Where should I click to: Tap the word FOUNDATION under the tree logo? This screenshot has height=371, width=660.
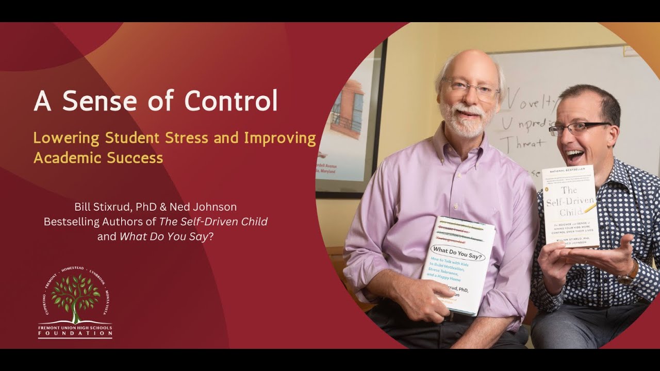click(75, 334)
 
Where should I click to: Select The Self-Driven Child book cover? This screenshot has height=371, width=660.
click(570, 206)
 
